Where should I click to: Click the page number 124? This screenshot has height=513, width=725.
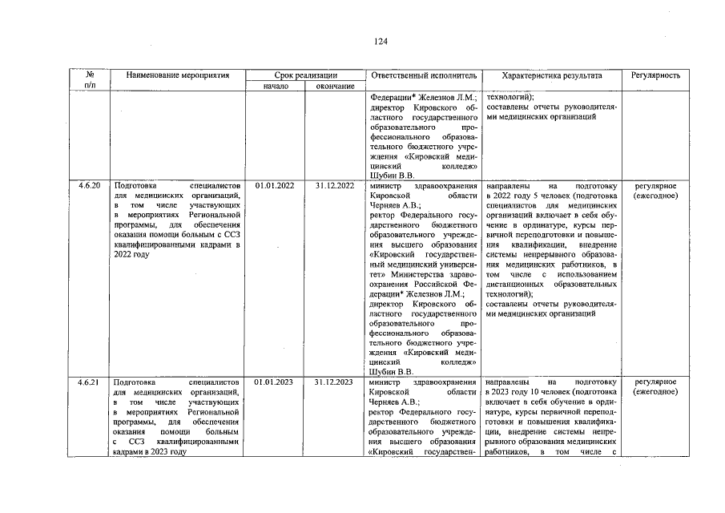coord(381,42)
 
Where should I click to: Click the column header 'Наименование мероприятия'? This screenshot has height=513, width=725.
coord(178,75)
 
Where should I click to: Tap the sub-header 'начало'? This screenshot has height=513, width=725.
coord(275,86)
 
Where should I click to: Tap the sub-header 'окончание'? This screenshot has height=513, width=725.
coord(335,86)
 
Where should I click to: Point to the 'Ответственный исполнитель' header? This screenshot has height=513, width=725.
coord(424,75)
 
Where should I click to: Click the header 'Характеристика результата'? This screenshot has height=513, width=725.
coord(551,75)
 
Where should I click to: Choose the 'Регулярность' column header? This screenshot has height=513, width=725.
coord(655,75)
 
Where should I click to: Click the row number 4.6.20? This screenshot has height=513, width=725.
coord(89,186)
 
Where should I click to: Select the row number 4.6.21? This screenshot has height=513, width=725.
coord(89,382)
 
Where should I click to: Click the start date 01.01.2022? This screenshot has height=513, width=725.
coord(275,186)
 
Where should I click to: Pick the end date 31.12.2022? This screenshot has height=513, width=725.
coord(335,186)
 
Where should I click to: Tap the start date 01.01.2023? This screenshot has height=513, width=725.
coord(275,382)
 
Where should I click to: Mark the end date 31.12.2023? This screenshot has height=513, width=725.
coord(335,382)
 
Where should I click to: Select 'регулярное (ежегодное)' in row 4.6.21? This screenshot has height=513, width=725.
coord(655,387)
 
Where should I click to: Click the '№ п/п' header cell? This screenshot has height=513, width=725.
coord(89,80)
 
